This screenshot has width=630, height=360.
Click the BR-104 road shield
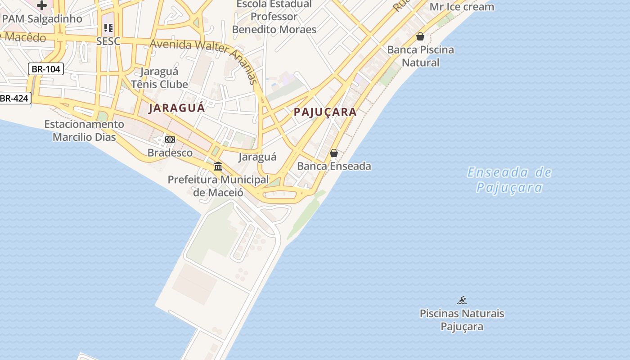click(x=46, y=69)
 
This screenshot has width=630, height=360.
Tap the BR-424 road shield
click(x=14, y=98)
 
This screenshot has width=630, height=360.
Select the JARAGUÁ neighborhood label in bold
click(x=177, y=108)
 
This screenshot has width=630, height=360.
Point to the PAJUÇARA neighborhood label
click(x=325, y=112)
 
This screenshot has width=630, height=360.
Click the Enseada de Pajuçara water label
click(x=509, y=180)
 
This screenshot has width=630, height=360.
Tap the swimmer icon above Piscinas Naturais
click(x=462, y=300)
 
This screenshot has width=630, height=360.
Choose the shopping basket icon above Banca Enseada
click(x=334, y=153)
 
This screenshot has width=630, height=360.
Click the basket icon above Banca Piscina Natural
click(x=420, y=36)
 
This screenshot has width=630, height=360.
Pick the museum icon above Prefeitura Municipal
click(x=218, y=166)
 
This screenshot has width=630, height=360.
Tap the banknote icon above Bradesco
click(x=170, y=139)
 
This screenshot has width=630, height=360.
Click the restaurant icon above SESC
click(x=108, y=28)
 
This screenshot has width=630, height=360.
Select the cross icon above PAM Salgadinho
click(x=42, y=5)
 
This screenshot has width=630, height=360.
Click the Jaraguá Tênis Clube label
click(x=159, y=78)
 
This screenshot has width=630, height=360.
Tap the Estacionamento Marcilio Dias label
click(x=84, y=130)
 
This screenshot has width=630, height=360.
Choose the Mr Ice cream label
click(x=462, y=7)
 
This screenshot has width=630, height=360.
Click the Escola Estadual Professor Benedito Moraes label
click(x=274, y=17)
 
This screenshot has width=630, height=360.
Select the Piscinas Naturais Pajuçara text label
click(x=462, y=320)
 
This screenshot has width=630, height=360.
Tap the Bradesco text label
click(x=170, y=153)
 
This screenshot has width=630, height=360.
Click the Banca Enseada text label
click(x=334, y=166)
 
